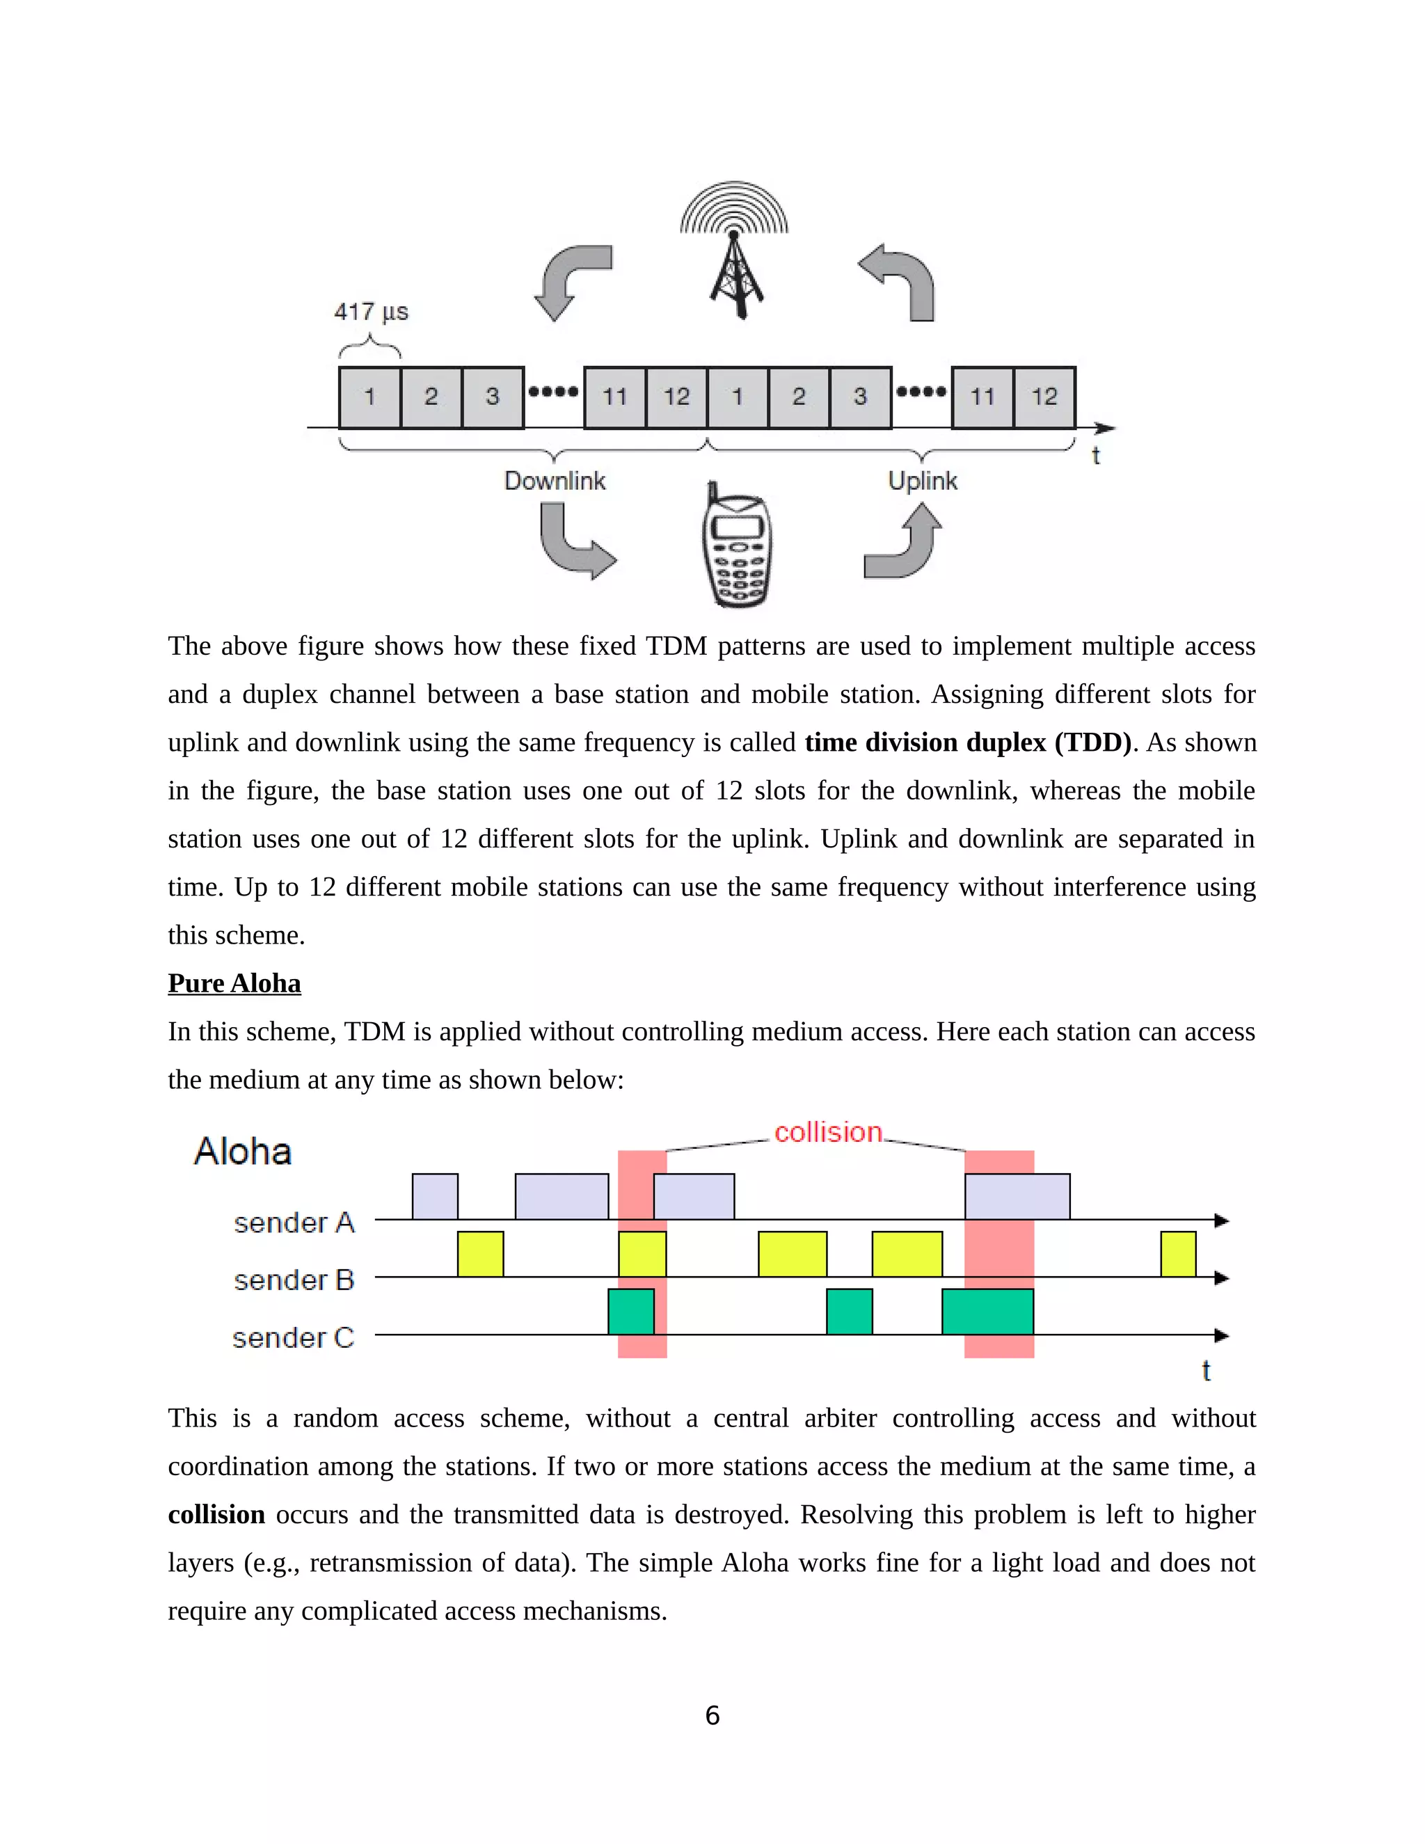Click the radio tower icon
coord(735,253)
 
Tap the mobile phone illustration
coord(736,547)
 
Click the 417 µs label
coord(371,312)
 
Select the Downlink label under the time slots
coord(555,482)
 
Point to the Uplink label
coord(922,482)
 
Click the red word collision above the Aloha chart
coord(827,1132)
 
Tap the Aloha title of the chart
coord(243,1152)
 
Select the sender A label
coord(294,1223)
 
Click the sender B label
coord(294,1280)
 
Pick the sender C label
coord(293,1337)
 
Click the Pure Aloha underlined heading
coord(234,984)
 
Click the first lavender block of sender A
coord(435,1196)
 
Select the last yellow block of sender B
coord(1178,1254)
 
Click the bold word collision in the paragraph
coord(216,1515)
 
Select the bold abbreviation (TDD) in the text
coord(1092,742)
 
